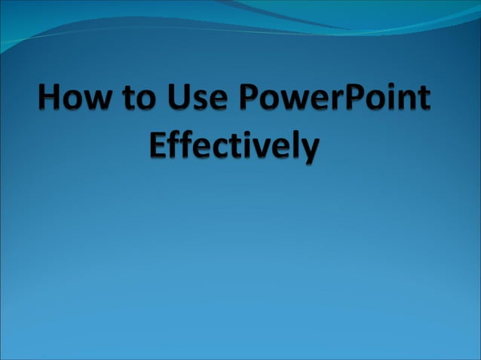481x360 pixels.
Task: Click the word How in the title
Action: click(x=74, y=99)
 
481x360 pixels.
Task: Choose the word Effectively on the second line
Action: click(x=234, y=145)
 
